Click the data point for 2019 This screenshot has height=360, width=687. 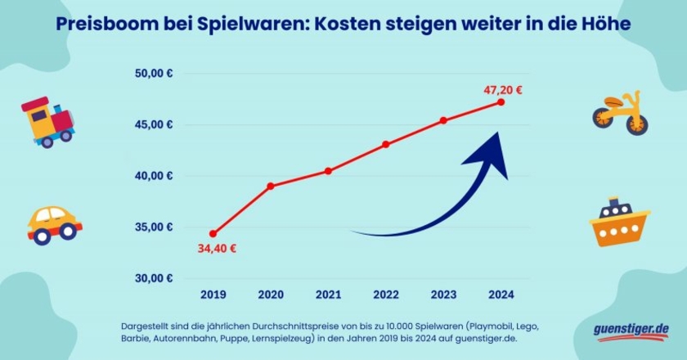(213, 234)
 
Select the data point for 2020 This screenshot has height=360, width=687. (271, 186)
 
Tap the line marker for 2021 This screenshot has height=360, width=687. (328, 171)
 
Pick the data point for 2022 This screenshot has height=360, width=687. (385, 144)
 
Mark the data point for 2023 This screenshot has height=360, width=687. (443, 120)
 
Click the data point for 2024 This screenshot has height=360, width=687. (501, 101)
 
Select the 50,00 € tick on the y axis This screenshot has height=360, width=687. (153, 74)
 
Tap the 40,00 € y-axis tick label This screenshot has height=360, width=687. (153, 176)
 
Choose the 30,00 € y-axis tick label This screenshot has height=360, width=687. (153, 278)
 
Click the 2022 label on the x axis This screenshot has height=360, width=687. (385, 295)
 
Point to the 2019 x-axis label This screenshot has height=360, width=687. (213, 295)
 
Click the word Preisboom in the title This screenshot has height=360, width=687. (102, 25)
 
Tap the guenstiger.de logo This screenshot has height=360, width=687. (631, 330)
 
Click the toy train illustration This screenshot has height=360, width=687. (47, 122)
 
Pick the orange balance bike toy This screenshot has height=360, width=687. (621, 113)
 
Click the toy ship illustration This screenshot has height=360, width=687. (619, 222)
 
